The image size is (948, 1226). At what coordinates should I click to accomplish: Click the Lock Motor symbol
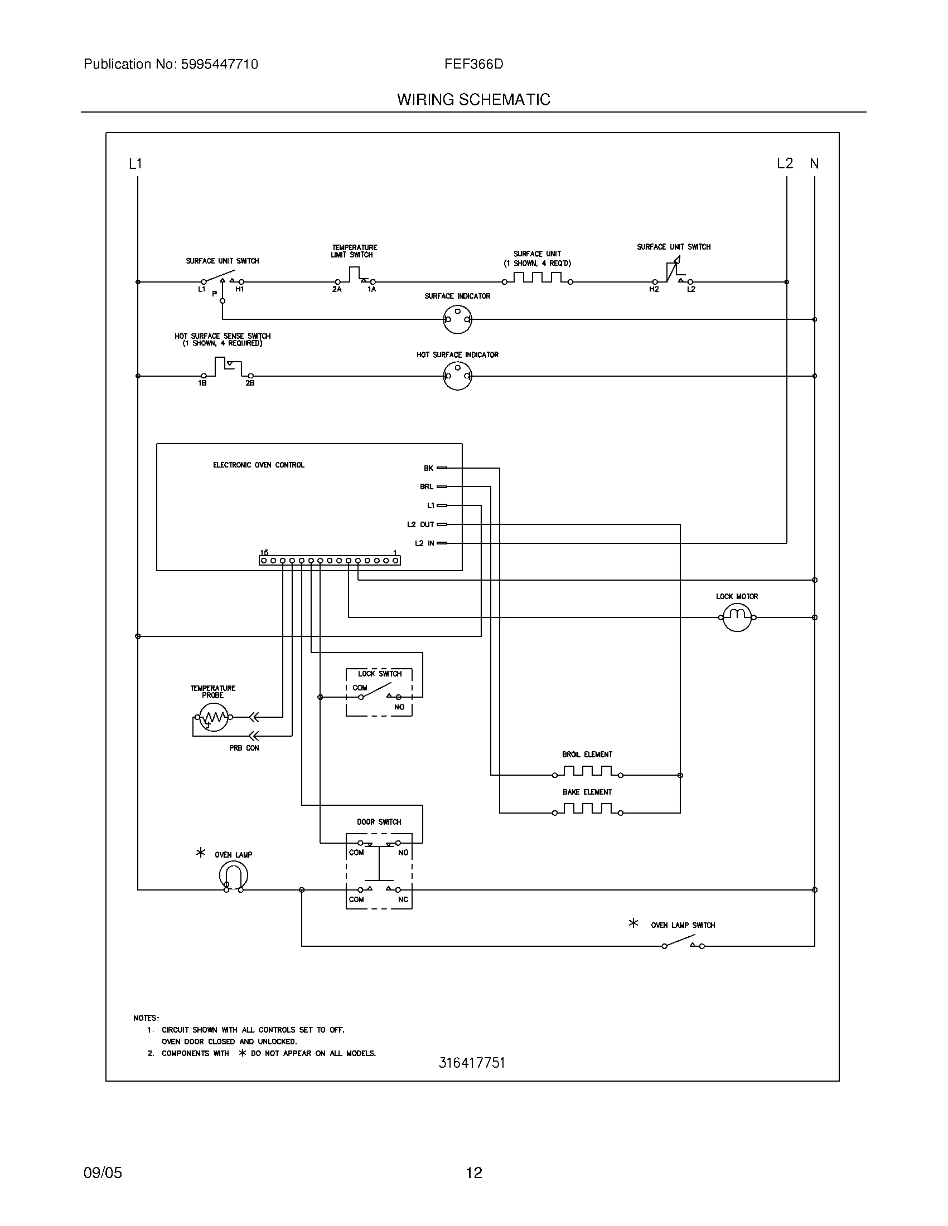[736, 617]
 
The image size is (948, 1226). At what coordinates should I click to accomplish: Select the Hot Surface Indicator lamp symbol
[457, 376]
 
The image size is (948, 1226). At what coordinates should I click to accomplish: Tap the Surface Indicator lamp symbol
[457, 319]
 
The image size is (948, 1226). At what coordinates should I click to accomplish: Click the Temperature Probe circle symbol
[212, 717]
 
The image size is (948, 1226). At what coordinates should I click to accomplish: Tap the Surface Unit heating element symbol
[537, 279]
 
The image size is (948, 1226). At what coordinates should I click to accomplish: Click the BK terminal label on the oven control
[428, 468]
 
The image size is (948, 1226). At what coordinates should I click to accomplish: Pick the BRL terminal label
[427, 486]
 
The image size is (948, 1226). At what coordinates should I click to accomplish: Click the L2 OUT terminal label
[420, 524]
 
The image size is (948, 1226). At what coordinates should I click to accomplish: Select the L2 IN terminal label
[424, 543]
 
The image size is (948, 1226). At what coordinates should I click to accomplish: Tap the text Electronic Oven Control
[258, 465]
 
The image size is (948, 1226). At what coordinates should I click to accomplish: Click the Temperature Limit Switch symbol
[354, 276]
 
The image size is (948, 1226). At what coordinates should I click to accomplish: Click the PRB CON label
[244, 748]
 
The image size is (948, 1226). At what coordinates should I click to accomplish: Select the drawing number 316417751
[472, 1063]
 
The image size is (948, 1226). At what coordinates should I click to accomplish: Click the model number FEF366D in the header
[473, 64]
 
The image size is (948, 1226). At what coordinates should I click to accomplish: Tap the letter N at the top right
[814, 164]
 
